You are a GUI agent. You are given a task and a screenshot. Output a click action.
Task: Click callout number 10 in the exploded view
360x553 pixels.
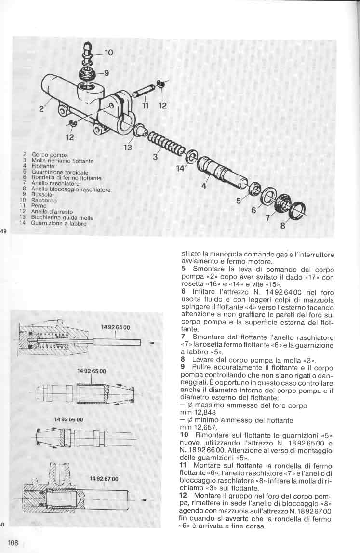point(108,53)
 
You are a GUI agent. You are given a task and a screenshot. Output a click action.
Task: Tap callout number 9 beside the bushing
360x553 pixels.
point(107,73)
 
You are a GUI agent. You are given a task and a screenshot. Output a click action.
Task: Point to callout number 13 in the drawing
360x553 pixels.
point(128,148)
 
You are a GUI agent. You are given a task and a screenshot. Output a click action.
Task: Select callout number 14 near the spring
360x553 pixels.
point(180,168)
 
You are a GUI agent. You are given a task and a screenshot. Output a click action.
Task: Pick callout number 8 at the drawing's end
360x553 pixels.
point(283,225)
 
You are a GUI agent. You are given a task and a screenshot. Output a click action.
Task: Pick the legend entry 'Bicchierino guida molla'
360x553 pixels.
point(62,217)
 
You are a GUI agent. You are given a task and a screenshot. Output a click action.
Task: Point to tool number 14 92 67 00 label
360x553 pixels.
point(104,479)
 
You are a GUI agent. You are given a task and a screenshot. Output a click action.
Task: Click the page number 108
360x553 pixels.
point(13,543)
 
